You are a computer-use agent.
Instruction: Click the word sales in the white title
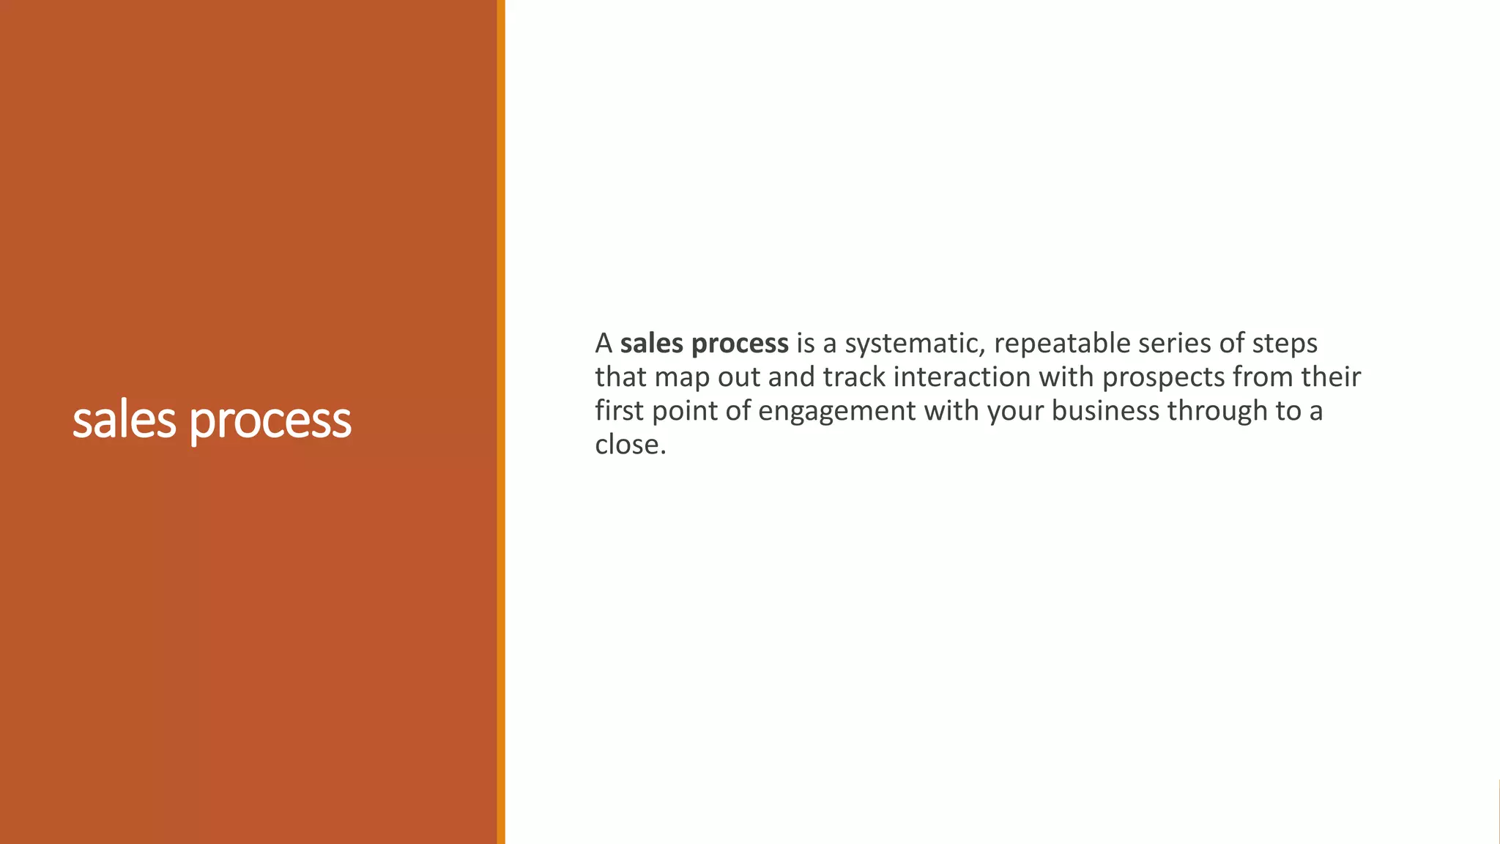(x=124, y=421)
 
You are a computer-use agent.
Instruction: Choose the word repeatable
(x=1062, y=344)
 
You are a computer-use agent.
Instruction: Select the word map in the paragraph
(x=682, y=378)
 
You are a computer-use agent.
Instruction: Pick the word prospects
(x=1163, y=378)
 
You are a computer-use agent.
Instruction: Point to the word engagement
(x=836, y=412)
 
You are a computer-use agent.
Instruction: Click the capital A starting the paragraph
(x=604, y=343)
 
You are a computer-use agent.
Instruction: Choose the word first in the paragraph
(x=619, y=410)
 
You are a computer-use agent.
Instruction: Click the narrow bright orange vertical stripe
(x=501, y=422)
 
